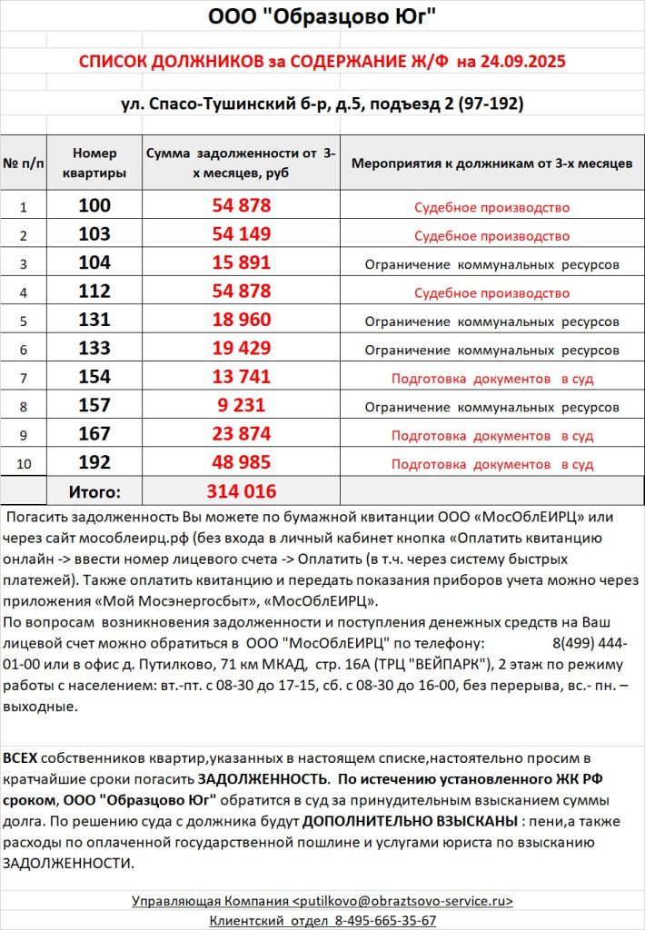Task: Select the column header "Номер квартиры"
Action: [x=94, y=163]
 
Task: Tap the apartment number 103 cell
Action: [x=94, y=235]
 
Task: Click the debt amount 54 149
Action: [x=242, y=235]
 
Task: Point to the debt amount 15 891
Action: [x=242, y=263]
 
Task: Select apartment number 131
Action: [x=94, y=321]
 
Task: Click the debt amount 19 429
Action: [x=242, y=349]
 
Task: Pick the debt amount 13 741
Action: [x=242, y=377]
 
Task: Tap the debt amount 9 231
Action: [x=242, y=406]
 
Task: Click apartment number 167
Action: [x=94, y=434]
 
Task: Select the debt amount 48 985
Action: [x=242, y=462]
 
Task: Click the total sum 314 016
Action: [x=242, y=491]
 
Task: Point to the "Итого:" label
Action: [x=94, y=492]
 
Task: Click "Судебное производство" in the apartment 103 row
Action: [x=491, y=236]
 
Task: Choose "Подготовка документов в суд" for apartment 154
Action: [x=491, y=378]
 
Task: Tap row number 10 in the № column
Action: [x=24, y=463]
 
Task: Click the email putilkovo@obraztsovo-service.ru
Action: [x=402, y=901]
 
